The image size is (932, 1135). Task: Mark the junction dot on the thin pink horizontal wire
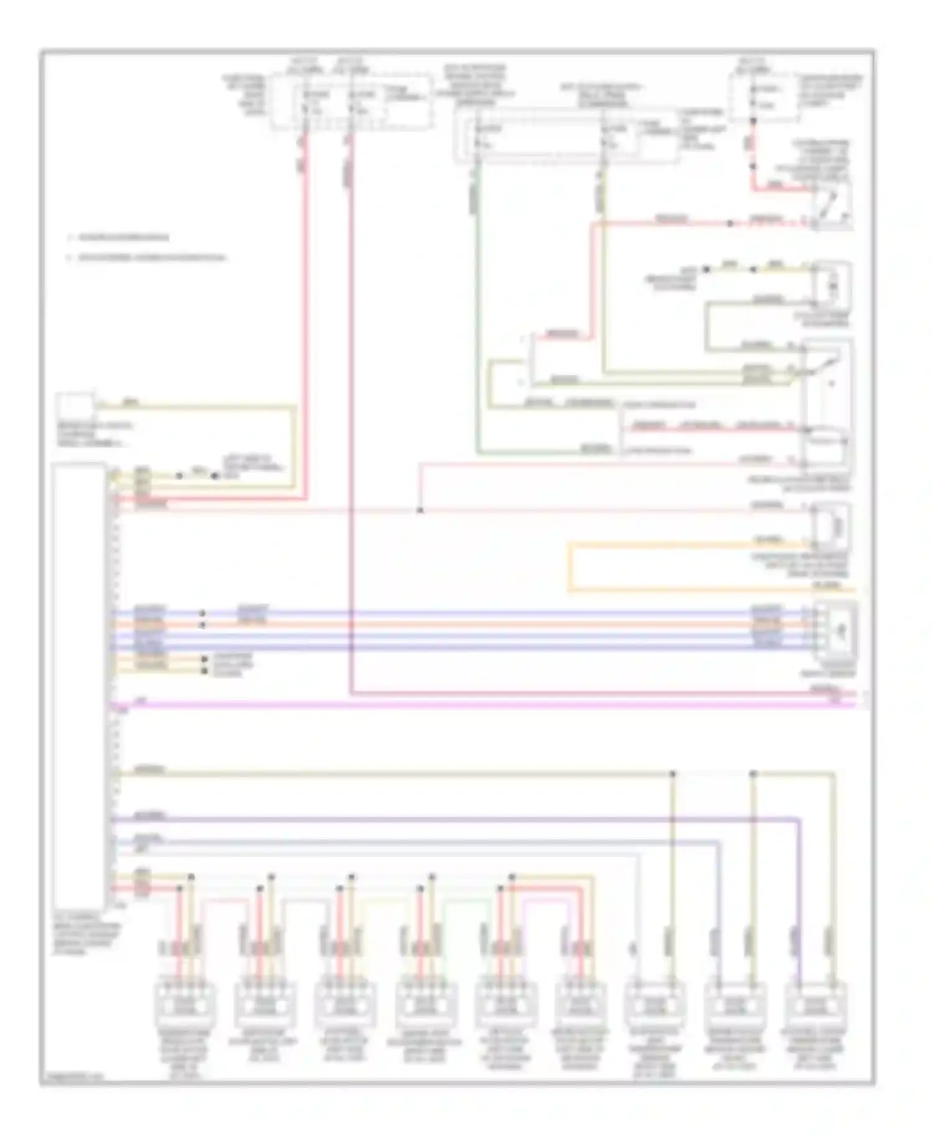click(420, 510)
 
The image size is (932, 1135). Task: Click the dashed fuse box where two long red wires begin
click(351, 102)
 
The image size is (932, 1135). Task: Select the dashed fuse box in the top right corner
click(765, 97)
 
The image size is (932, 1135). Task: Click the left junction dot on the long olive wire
click(672, 774)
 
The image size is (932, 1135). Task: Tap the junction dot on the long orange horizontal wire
click(202, 624)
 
